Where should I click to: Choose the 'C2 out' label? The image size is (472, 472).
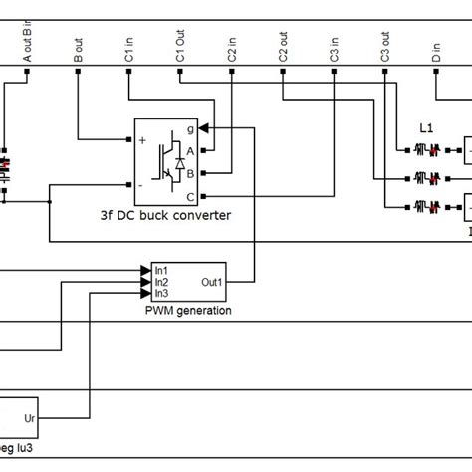[284, 51]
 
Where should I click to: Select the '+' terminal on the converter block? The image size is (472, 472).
[142, 141]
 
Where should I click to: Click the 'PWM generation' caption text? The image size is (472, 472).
[187, 310]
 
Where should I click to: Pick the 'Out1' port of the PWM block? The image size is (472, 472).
[212, 282]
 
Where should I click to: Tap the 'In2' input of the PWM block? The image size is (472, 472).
[161, 282]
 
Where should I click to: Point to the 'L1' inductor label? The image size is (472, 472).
[426, 130]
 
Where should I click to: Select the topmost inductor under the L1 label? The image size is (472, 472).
[426, 150]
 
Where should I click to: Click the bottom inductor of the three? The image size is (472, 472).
[426, 207]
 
